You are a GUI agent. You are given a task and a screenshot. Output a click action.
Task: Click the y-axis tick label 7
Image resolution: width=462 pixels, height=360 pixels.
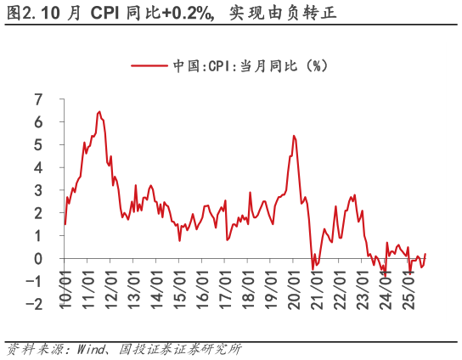pos(38,99)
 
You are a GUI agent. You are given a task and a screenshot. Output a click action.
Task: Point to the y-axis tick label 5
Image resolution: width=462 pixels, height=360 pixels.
pos(38,145)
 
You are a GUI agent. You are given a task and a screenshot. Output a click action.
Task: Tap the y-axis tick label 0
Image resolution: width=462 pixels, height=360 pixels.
pos(38,259)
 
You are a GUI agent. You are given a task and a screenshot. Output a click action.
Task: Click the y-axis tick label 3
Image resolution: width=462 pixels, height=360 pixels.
pos(38,190)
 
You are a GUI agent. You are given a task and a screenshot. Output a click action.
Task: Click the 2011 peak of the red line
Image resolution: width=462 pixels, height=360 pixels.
pos(99,111)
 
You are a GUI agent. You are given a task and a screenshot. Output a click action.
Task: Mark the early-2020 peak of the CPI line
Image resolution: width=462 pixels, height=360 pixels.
pos(294,136)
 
